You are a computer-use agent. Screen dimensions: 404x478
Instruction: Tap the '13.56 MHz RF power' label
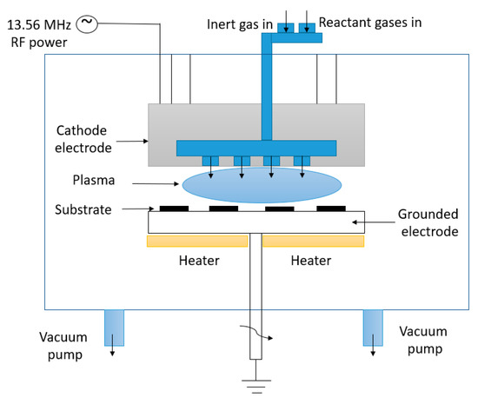[x=37, y=32]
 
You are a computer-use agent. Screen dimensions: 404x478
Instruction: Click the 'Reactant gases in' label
[x=369, y=22]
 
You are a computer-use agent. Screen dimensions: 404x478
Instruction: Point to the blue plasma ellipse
[x=262, y=186]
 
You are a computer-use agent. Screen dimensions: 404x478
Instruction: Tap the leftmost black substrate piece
[x=173, y=209]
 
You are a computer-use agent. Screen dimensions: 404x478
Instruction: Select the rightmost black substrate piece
[x=331, y=209]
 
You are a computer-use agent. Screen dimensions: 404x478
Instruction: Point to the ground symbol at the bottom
[x=254, y=380]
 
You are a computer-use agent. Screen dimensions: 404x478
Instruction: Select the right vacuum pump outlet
[x=374, y=328]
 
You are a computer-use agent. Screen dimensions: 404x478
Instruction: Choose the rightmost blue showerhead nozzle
[x=302, y=161]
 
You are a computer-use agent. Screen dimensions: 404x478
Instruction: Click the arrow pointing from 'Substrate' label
[x=139, y=209]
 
